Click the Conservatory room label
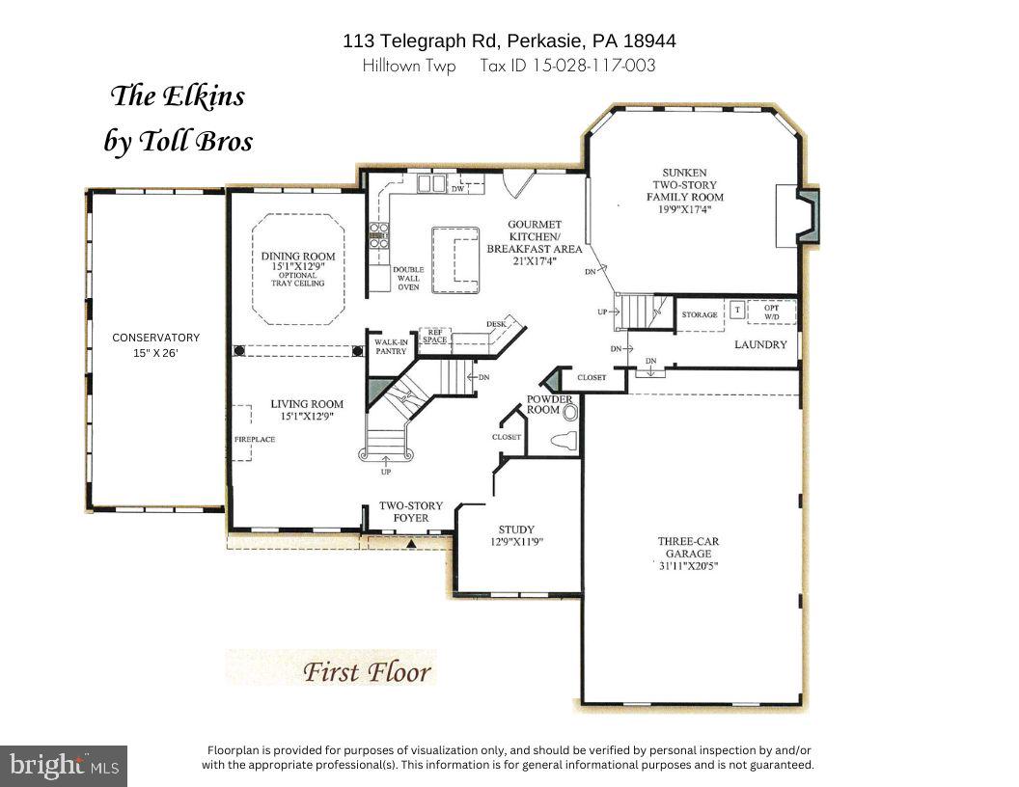[155, 338]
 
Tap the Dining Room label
[298, 257]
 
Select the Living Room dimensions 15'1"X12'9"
[307, 417]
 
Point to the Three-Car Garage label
[685, 542]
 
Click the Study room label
[516, 529]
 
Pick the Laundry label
[760, 344]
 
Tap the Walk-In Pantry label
[391, 346]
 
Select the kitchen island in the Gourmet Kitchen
[454, 259]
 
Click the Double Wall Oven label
[407, 279]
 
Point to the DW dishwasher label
[458, 189]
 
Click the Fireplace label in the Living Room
[255, 440]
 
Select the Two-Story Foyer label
[403, 512]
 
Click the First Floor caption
[367, 671]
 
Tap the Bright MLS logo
[64, 766]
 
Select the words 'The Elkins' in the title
[178, 96]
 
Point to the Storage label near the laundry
[700, 315]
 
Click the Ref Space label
[434, 336]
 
